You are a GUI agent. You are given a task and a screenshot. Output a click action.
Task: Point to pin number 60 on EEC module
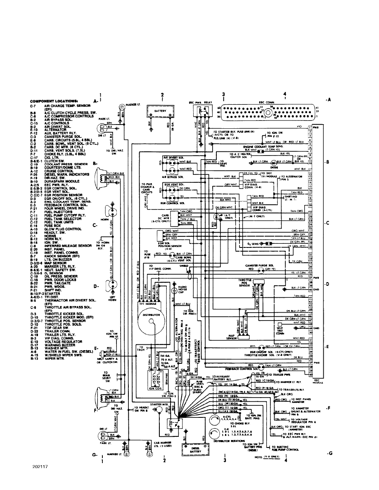(x=310, y=375)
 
